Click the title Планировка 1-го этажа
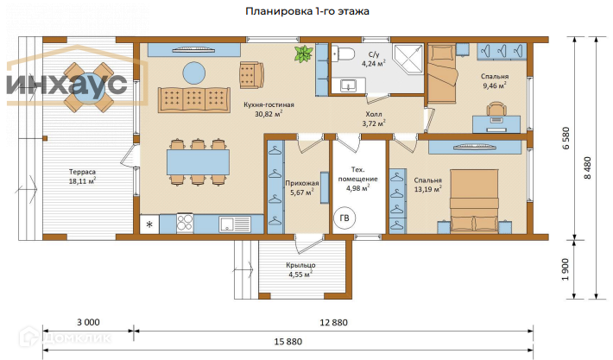(x=306, y=11)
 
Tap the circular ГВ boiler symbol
(x=344, y=218)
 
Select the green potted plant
(x=303, y=54)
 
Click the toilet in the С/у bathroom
(x=343, y=54)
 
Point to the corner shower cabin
(x=408, y=60)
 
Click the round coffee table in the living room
(x=194, y=73)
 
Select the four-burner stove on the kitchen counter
(x=185, y=224)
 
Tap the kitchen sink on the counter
(x=235, y=224)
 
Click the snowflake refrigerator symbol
(x=149, y=224)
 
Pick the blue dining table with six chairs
(x=199, y=161)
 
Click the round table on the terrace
(x=89, y=87)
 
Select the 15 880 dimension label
(x=288, y=342)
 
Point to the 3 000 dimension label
(x=88, y=322)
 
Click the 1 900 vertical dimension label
(x=566, y=269)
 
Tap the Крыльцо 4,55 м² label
(x=300, y=269)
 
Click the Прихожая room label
(x=302, y=183)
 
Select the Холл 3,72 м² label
(x=374, y=119)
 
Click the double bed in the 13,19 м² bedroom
(x=474, y=200)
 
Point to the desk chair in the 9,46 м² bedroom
(x=496, y=109)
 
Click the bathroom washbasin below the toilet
(x=348, y=85)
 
